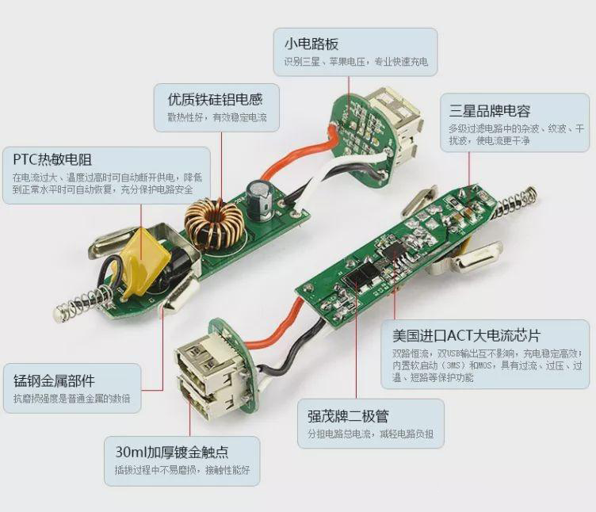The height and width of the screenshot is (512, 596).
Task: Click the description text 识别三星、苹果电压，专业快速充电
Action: point(355,62)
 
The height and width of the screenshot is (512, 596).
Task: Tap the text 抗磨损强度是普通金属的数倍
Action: point(71,399)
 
